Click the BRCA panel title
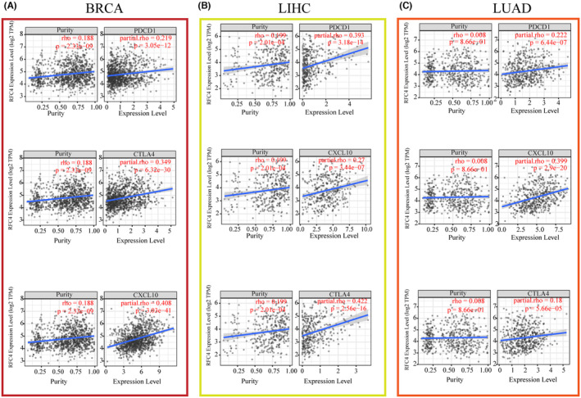(96, 11)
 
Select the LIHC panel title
(293, 11)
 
